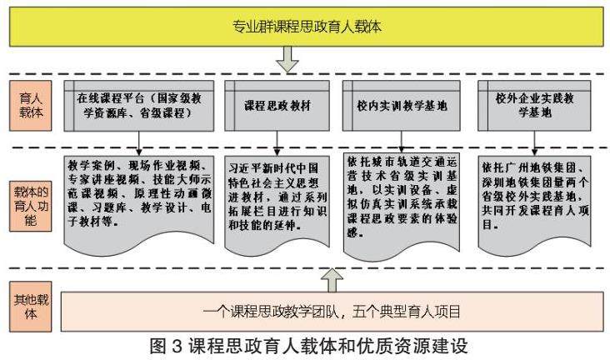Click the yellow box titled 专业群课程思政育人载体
point(307,27)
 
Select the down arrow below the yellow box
point(287,59)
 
